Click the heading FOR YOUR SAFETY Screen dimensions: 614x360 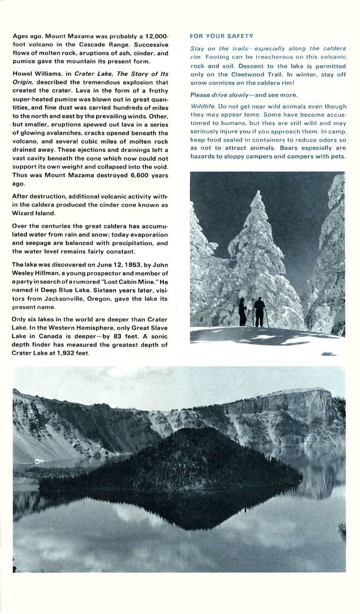221,36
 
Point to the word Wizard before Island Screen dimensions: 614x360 23,213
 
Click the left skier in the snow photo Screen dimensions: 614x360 242,313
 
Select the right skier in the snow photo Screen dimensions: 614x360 259,312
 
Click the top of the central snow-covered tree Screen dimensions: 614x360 258,194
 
